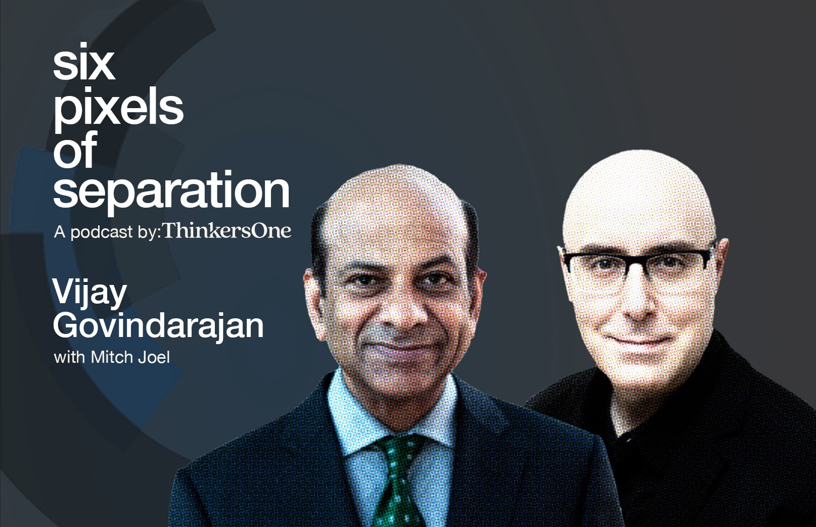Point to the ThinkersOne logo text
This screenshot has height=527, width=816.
(x=227, y=230)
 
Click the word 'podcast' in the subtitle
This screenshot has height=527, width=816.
(x=102, y=232)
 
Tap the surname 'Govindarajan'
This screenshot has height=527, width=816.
(x=158, y=326)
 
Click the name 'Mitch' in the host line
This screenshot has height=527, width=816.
(x=112, y=357)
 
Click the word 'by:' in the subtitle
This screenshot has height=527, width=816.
(x=149, y=232)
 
